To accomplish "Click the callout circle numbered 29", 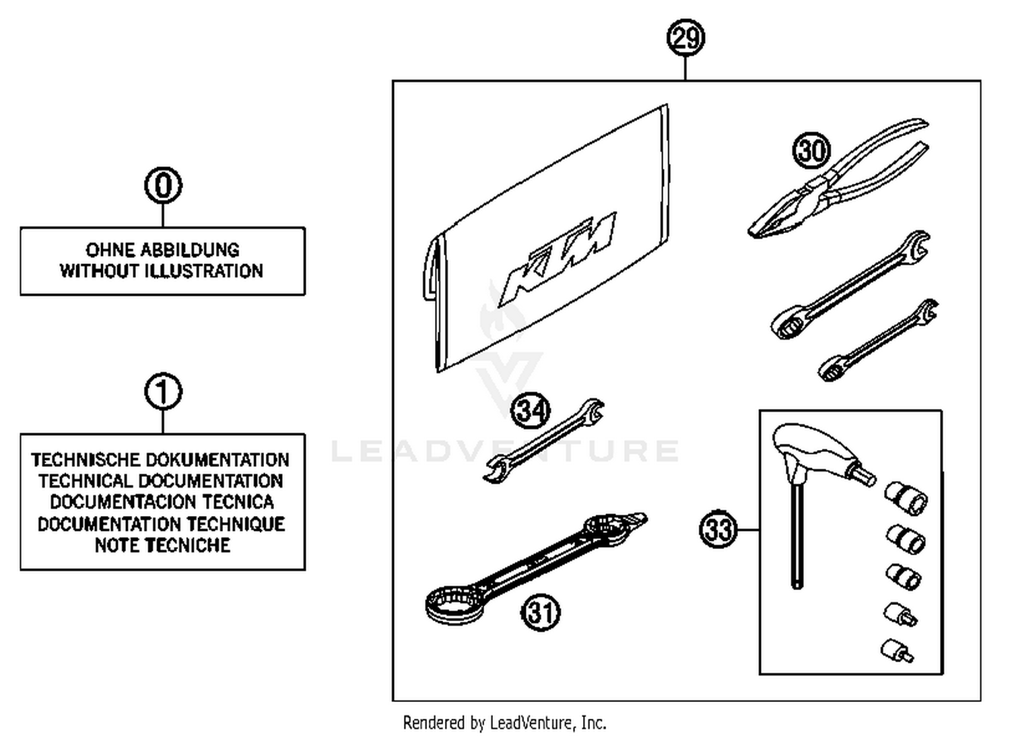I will [685, 37].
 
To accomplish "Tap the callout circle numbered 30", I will [811, 150].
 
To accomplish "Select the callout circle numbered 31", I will [541, 612].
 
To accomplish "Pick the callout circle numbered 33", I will [718, 529].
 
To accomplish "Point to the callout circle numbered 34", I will [531, 410].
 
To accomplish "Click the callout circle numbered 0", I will [163, 185].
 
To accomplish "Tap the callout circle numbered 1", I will [163, 391].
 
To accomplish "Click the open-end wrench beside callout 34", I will [545, 441].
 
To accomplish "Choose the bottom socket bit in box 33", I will [896, 650].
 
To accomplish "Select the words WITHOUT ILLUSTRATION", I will [162, 271].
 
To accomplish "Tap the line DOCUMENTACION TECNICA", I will [162, 502].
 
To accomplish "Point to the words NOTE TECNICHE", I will [162, 545].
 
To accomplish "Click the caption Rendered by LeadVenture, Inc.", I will [504, 723].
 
